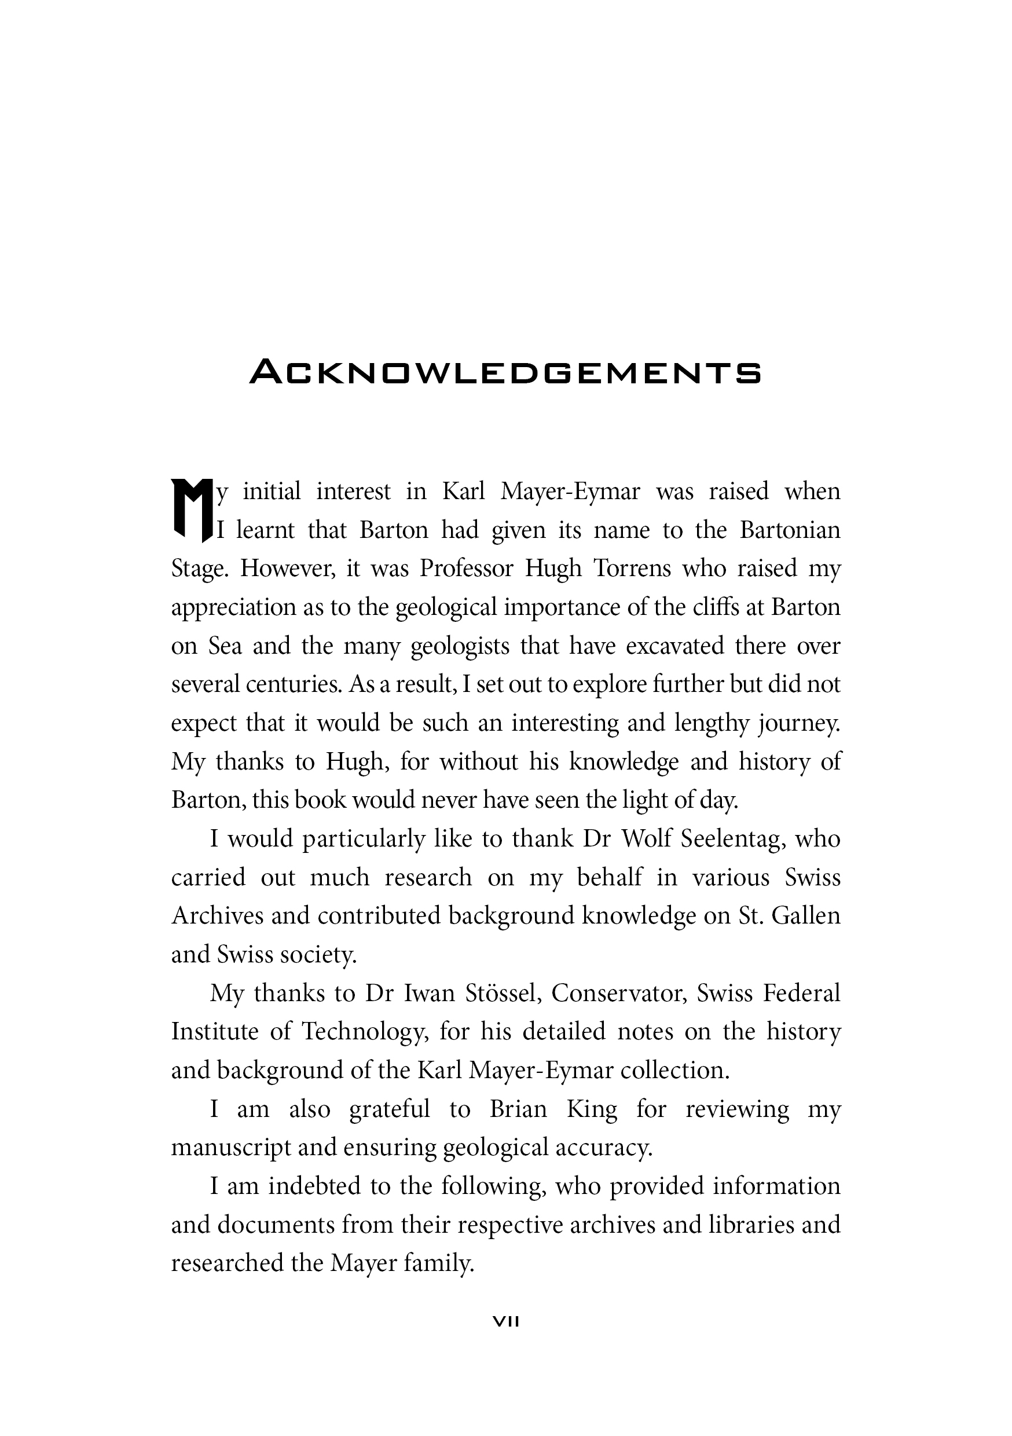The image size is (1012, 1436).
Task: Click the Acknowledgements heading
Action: tap(505, 372)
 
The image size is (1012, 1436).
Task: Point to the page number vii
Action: tap(506, 1321)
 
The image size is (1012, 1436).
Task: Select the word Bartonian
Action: tap(790, 530)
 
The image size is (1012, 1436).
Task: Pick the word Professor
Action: tap(466, 569)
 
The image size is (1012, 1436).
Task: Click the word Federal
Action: tap(801, 993)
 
